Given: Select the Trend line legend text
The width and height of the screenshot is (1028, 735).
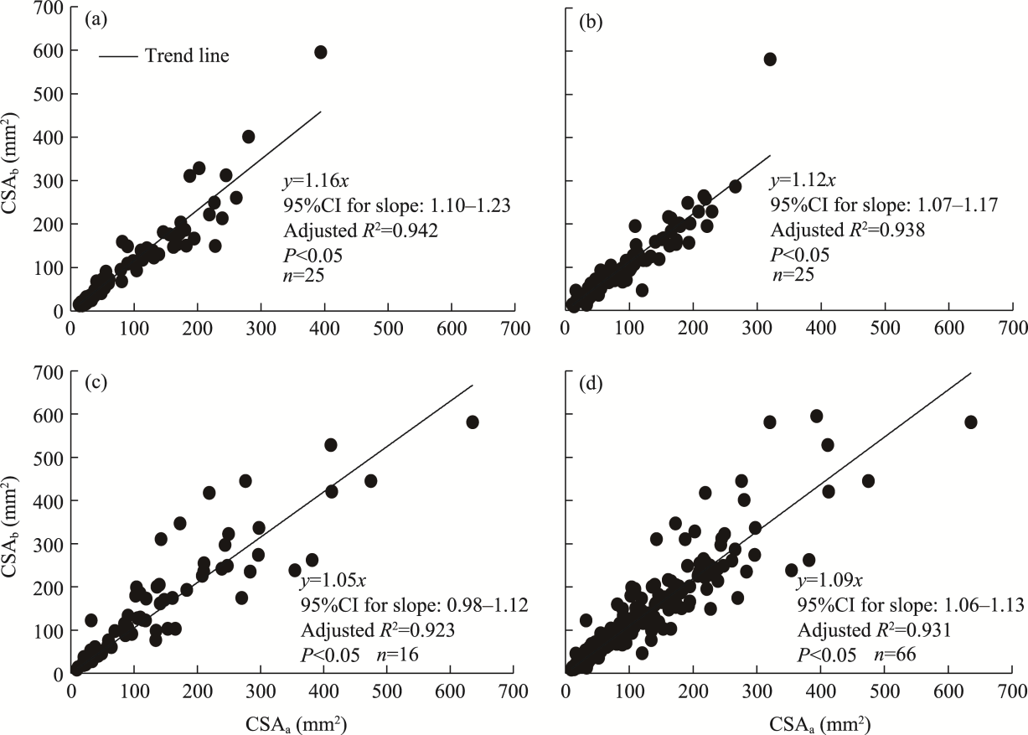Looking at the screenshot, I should [187, 56].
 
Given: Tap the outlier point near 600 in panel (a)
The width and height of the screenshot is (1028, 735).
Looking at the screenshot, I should [320, 52].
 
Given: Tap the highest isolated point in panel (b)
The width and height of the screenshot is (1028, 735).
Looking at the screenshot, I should [770, 59].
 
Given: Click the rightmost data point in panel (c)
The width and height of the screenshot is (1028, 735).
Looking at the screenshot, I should [473, 422].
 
